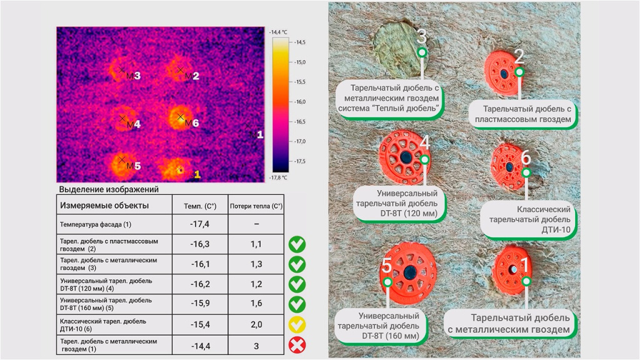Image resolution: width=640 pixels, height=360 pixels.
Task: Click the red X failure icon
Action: [x=297, y=345]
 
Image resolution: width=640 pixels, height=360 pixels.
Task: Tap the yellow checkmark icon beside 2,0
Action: [x=297, y=324]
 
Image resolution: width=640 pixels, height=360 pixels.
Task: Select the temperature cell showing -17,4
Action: [x=199, y=224]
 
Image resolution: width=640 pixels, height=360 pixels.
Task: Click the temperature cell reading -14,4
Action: [x=199, y=345]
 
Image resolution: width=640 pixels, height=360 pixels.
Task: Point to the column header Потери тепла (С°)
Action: [x=256, y=205]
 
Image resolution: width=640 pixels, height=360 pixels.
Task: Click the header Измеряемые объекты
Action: [x=104, y=205]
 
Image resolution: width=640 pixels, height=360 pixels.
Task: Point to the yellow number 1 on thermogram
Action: [x=197, y=174]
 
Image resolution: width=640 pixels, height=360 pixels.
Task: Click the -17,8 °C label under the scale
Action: [x=278, y=177]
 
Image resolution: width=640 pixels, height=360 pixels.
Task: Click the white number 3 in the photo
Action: [x=422, y=37]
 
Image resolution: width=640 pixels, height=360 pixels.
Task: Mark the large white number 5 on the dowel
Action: [x=387, y=266]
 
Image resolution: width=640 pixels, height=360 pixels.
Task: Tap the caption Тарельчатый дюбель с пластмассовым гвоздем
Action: [x=523, y=114]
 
